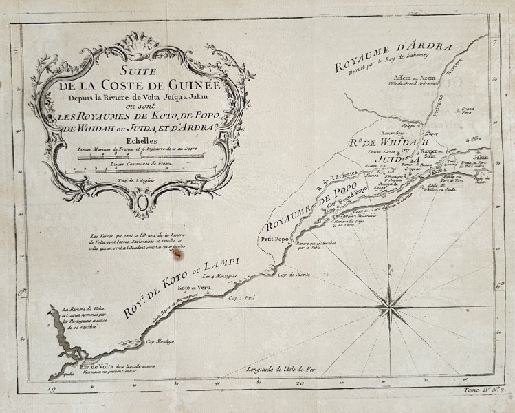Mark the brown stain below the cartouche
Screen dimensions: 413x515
(179, 253)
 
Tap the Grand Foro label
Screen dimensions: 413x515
(468, 109)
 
